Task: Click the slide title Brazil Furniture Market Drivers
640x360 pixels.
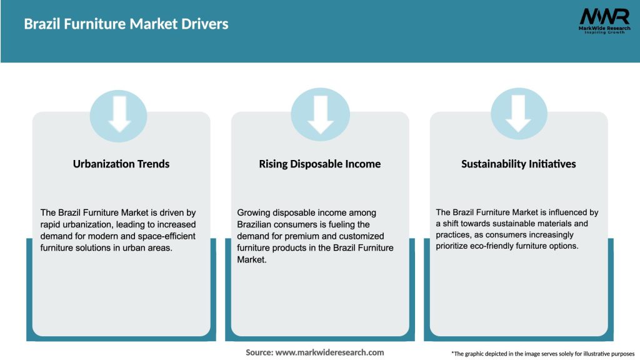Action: (x=126, y=24)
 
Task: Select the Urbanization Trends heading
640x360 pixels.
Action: (x=121, y=164)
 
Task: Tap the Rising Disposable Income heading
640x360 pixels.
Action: (x=320, y=164)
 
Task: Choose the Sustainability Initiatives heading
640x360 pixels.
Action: (x=519, y=164)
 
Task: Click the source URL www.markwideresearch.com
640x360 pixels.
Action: (x=329, y=352)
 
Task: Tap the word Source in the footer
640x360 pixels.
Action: (x=259, y=352)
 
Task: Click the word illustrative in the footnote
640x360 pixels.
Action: (x=577, y=354)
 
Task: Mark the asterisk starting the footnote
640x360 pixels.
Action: (x=452, y=353)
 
